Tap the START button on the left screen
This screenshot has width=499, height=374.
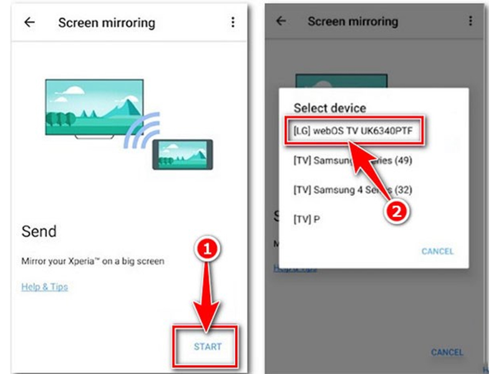coord(207,346)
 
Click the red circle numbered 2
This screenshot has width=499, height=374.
coord(397,211)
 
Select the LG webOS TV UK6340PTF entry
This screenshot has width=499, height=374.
coord(352,131)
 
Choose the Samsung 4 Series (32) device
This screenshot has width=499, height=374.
coord(352,189)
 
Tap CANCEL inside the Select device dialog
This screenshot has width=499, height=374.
coord(437,251)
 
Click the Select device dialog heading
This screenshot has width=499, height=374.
coord(330,107)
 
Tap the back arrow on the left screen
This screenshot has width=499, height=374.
coord(29,22)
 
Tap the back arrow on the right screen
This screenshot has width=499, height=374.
coord(281,21)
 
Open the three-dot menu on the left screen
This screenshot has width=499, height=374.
coord(233,22)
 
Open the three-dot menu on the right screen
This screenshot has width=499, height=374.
coord(470,21)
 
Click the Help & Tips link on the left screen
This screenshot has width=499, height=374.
coord(44,287)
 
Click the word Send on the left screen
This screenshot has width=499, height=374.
coord(39,232)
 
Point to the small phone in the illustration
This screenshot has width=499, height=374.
coord(183,154)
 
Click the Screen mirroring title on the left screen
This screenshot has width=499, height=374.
coord(107,23)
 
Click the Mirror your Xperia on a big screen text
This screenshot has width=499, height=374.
coord(93,261)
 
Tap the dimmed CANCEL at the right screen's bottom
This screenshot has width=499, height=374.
coord(447,352)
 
